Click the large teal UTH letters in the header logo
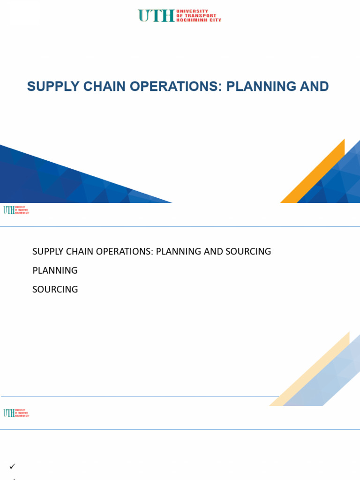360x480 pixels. click(156, 15)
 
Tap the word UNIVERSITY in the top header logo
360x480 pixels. click(192, 11)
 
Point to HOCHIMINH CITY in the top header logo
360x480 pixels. click(198, 20)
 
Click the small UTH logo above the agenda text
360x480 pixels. click(16, 210)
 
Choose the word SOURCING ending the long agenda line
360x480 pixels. click(248, 251)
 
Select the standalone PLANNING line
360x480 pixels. click(55, 270)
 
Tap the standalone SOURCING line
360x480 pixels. click(55, 289)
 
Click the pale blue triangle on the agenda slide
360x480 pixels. click(333, 380)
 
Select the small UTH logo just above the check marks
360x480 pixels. click(16, 413)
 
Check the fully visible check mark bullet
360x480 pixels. click(13, 466)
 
